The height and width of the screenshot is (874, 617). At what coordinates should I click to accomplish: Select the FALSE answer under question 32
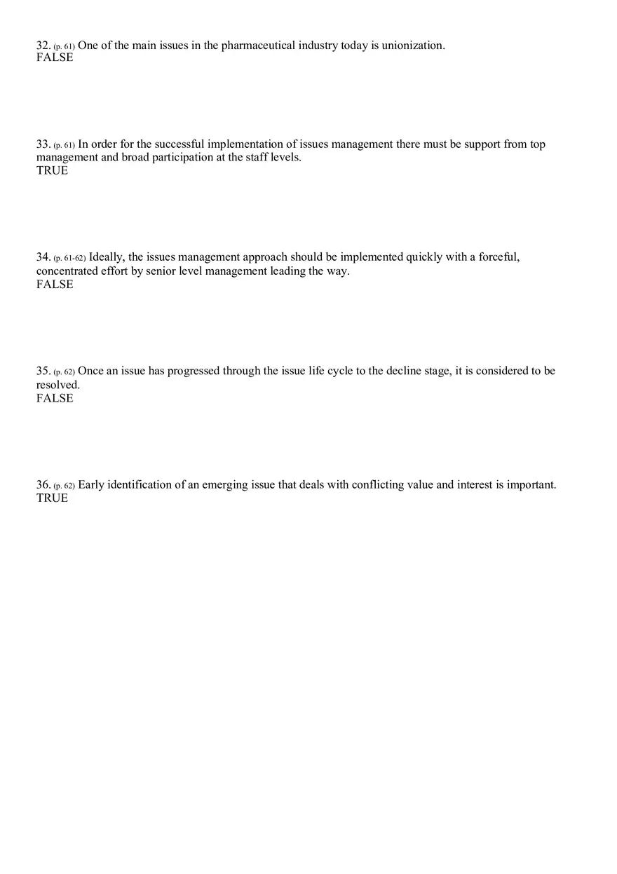(x=55, y=57)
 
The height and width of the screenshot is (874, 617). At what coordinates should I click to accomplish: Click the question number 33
(x=43, y=144)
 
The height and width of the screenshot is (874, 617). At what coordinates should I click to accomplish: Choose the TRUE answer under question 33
(x=53, y=170)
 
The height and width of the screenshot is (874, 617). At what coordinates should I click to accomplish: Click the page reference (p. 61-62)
(x=69, y=258)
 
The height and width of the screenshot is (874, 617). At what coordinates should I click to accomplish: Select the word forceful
(x=499, y=257)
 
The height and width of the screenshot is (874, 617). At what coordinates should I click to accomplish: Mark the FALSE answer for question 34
(x=55, y=284)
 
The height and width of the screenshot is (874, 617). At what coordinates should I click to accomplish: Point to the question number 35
(x=43, y=371)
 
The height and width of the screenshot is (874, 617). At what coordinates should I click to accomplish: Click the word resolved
(x=58, y=385)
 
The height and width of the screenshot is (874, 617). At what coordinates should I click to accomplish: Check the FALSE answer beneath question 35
(x=55, y=398)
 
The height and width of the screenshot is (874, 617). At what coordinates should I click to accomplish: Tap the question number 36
(x=43, y=485)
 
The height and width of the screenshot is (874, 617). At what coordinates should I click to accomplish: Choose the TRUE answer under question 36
(x=53, y=498)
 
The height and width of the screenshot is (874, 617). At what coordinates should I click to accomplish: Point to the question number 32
(x=43, y=46)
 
